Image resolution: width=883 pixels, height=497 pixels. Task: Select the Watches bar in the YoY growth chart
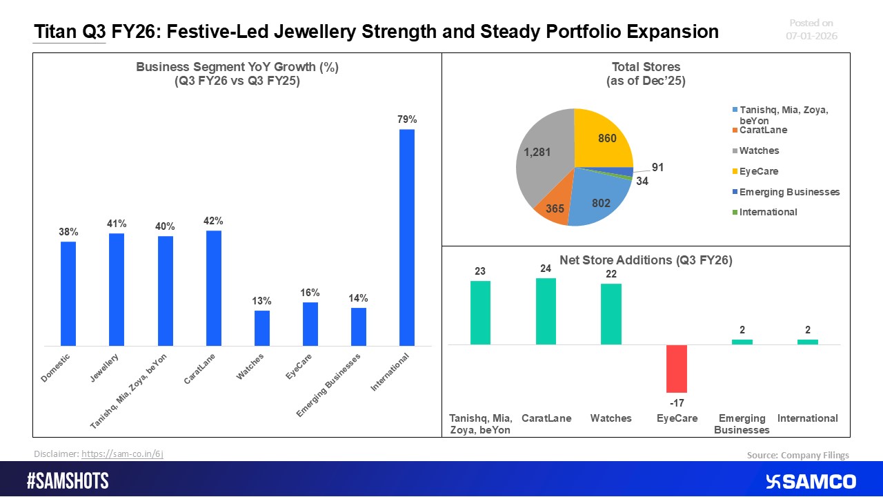pyautogui.click(x=262, y=328)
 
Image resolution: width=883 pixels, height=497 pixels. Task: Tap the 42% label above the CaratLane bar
pyautogui.click(x=214, y=222)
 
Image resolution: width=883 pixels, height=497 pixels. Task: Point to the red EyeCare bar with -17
pyautogui.click(x=677, y=368)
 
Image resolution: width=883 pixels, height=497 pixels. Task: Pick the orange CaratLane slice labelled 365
pyautogui.click(x=552, y=206)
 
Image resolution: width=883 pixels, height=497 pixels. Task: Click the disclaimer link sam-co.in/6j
pyautogui.click(x=122, y=454)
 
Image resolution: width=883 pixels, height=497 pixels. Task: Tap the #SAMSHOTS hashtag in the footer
pyautogui.click(x=68, y=481)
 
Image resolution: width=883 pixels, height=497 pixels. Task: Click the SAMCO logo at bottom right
pyautogui.click(x=811, y=481)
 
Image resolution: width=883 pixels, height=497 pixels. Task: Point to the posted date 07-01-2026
pyautogui.click(x=811, y=35)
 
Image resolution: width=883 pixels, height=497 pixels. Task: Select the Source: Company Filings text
pyautogui.click(x=797, y=455)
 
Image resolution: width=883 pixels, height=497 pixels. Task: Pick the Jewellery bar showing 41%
pyautogui.click(x=117, y=289)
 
